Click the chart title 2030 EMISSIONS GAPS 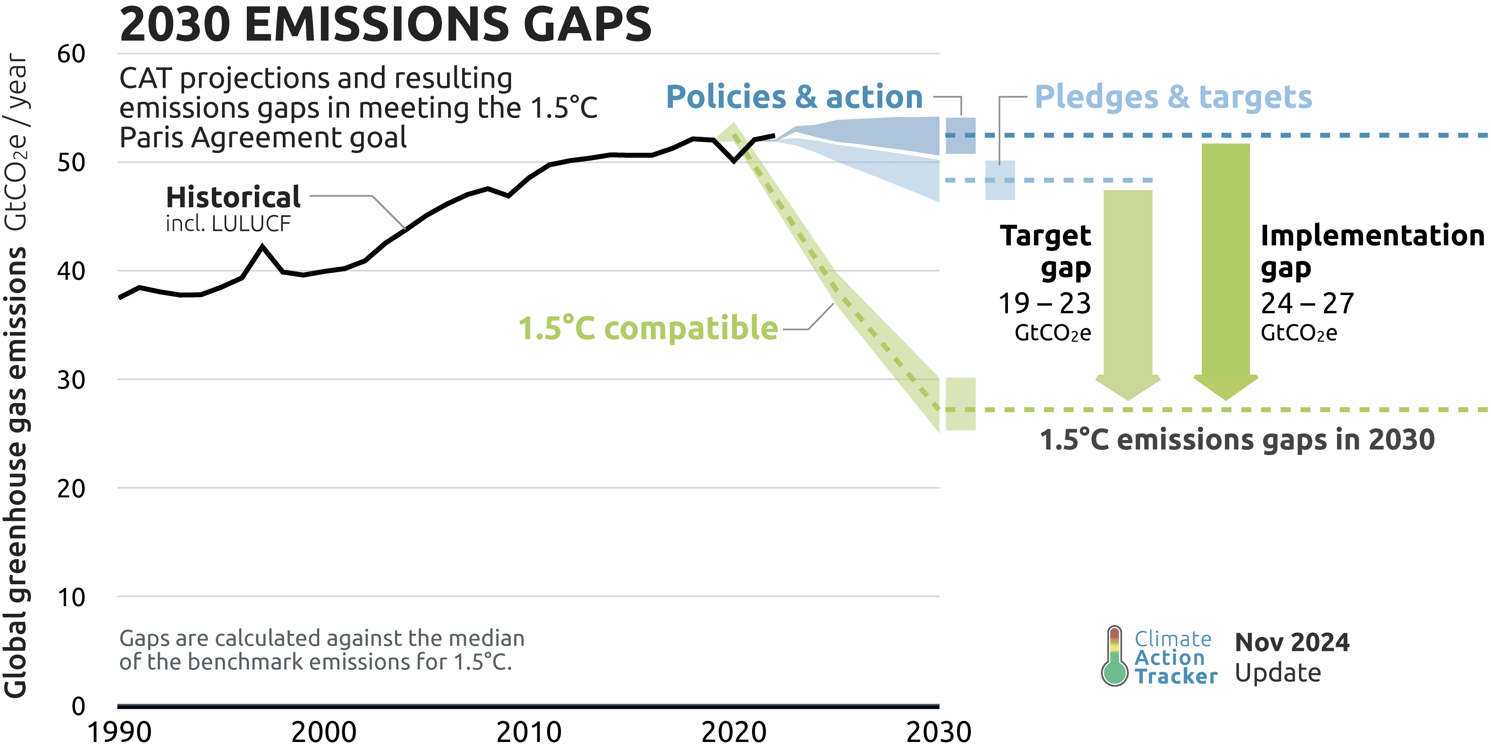[x=385, y=24]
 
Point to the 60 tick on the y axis [x=71, y=54]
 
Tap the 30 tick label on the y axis [x=71, y=380]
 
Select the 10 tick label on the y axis [x=71, y=597]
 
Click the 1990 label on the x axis [x=119, y=732]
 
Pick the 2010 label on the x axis [x=529, y=732]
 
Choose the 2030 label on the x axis [x=938, y=732]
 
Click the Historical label [x=233, y=197]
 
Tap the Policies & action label [x=794, y=97]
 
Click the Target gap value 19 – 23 [x=1045, y=303]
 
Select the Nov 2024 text [x=1292, y=642]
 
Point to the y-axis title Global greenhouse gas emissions [x=16, y=472]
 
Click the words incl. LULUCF [x=228, y=224]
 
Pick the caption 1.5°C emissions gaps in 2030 [x=1237, y=440]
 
